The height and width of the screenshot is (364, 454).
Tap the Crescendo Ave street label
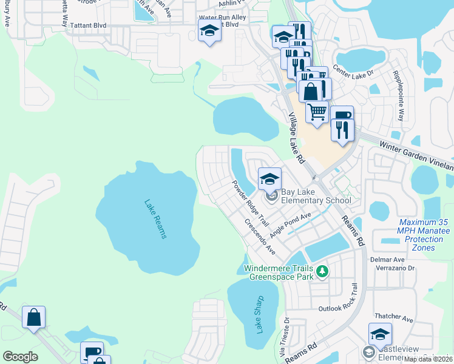point(260,236)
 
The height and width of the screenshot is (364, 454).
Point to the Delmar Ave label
point(387,260)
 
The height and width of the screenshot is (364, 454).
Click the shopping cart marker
point(317,112)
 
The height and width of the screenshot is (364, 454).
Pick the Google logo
point(20,357)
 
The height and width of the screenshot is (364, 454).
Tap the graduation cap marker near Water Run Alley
point(209,31)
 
